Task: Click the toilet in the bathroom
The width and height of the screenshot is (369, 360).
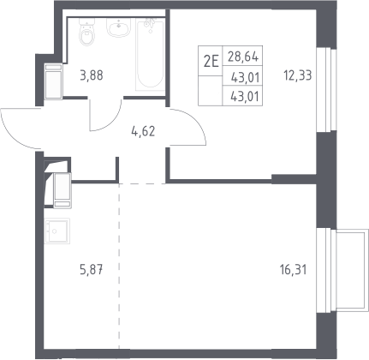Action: (86, 33)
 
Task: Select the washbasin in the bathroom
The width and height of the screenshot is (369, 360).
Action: (119, 27)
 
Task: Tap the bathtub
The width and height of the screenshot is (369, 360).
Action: (150, 54)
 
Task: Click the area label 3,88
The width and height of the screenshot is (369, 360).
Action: (92, 75)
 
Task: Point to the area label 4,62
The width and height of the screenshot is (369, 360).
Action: (143, 131)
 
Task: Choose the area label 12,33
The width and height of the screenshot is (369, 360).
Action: (298, 75)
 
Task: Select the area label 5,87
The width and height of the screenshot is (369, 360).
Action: (92, 269)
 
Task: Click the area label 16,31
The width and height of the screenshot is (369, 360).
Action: (294, 269)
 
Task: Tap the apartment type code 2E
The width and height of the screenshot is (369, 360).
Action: (211, 61)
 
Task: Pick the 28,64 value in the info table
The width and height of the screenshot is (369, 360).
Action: (243, 57)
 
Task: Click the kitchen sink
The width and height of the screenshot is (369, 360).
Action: (57, 231)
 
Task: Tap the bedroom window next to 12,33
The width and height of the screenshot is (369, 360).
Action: (326, 89)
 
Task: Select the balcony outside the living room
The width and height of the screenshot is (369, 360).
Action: (352, 271)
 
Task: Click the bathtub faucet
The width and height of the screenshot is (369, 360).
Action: (149, 23)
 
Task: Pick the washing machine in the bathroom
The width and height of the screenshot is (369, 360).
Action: (53, 81)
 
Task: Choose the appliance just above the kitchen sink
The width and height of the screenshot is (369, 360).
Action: (62, 190)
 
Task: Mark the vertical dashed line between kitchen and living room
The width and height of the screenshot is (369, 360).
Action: (119, 267)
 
